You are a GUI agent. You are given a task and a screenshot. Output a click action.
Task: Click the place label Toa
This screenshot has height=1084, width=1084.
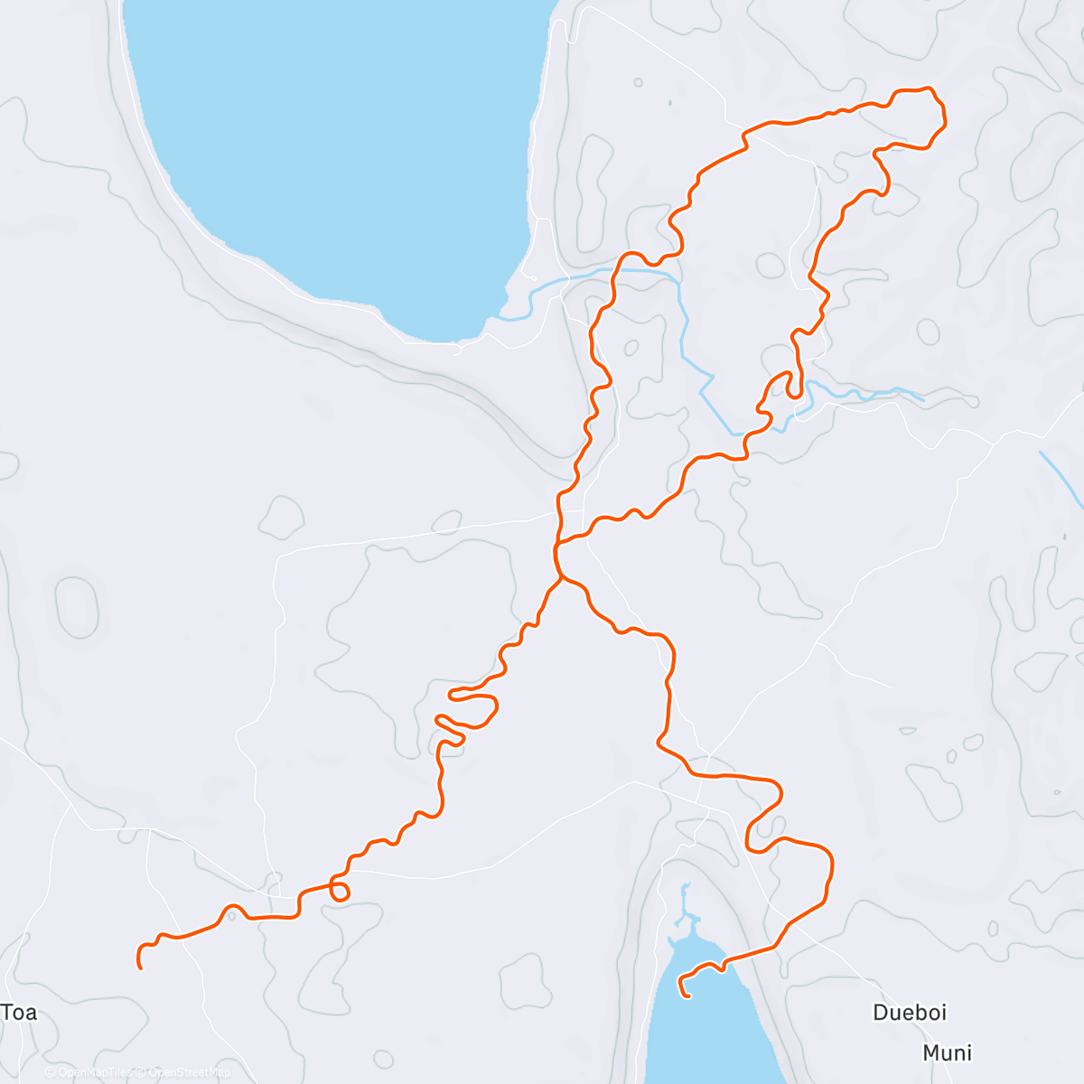[19, 1012]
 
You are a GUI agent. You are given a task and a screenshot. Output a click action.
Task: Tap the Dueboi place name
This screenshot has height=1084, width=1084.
[910, 1013]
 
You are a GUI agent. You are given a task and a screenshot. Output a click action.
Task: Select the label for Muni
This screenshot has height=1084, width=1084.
[947, 1053]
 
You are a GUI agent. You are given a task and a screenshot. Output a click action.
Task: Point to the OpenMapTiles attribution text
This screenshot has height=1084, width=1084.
[89, 1072]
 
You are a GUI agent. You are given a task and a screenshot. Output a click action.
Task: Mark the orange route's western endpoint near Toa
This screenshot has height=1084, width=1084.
[141, 967]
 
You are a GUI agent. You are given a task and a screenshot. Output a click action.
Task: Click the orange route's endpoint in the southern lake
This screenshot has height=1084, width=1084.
[688, 996]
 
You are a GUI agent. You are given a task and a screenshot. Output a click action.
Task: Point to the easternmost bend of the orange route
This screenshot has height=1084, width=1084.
[945, 117]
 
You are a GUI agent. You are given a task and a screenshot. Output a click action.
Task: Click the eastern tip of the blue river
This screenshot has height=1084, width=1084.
[922, 398]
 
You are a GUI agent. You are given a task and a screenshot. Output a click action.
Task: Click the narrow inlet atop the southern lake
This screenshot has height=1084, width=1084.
[686, 903]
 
